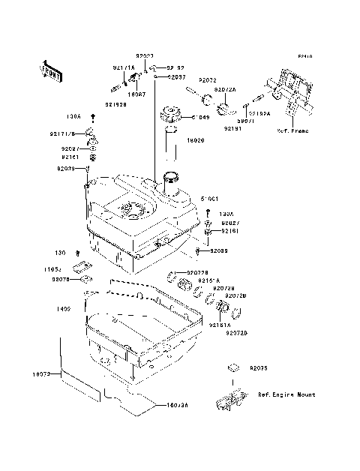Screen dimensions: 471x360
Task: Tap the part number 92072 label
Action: click(208, 79)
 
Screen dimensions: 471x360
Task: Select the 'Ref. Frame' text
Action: click(293, 130)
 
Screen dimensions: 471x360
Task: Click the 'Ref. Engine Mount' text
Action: click(286, 394)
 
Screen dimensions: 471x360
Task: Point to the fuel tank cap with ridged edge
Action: click(171, 117)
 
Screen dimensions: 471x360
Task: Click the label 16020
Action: click(195, 139)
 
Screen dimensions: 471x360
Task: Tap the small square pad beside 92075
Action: click(233, 368)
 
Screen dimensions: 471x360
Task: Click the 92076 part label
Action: click(61, 279)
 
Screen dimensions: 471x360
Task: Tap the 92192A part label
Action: click(261, 114)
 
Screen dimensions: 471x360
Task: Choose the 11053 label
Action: click(61, 268)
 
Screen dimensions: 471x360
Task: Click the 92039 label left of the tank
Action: click(66, 169)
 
